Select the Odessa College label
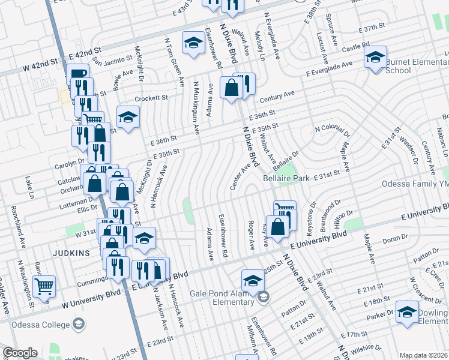coord(38,324)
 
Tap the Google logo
coord(20,353)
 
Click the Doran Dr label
coord(395,239)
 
